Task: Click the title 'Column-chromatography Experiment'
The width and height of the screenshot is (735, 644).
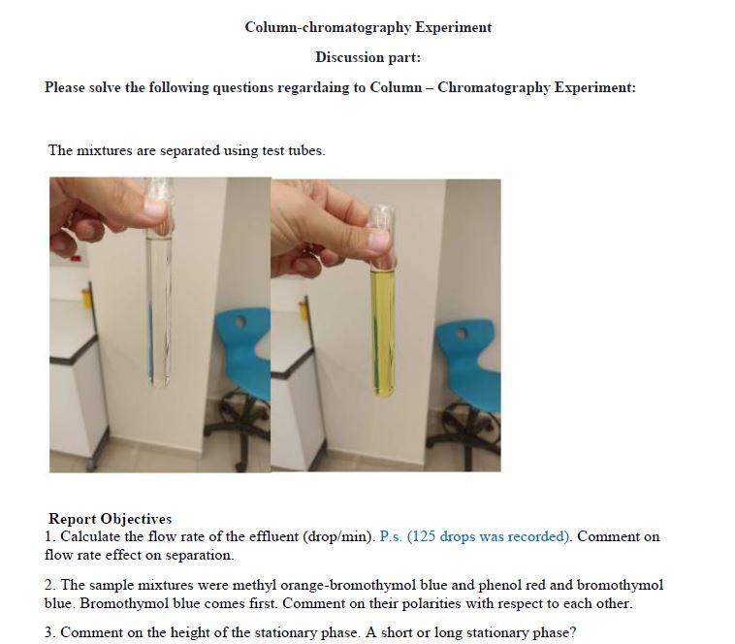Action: (367, 27)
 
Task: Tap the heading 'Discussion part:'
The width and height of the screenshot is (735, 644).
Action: (367, 57)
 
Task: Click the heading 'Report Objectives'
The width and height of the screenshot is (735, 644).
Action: (110, 519)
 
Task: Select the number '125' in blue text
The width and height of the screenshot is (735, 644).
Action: (425, 536)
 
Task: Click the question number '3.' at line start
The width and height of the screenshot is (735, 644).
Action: (50, 632)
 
